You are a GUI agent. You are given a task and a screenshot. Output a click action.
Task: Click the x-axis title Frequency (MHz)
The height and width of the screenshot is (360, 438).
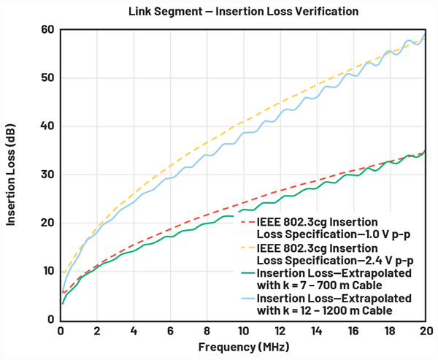point(242,347)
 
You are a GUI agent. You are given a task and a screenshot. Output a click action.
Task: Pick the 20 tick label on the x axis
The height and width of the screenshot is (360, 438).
point(424,330)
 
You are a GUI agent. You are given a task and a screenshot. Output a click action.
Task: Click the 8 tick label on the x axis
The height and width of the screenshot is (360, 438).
point(207,330)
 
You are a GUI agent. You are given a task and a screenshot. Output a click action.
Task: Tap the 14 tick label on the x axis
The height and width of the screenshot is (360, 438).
point(315,330)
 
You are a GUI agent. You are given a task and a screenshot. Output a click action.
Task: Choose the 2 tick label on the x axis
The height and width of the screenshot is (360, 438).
point(97,330)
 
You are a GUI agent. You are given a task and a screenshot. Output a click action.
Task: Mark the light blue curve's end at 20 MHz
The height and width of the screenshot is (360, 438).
point(424,34)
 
